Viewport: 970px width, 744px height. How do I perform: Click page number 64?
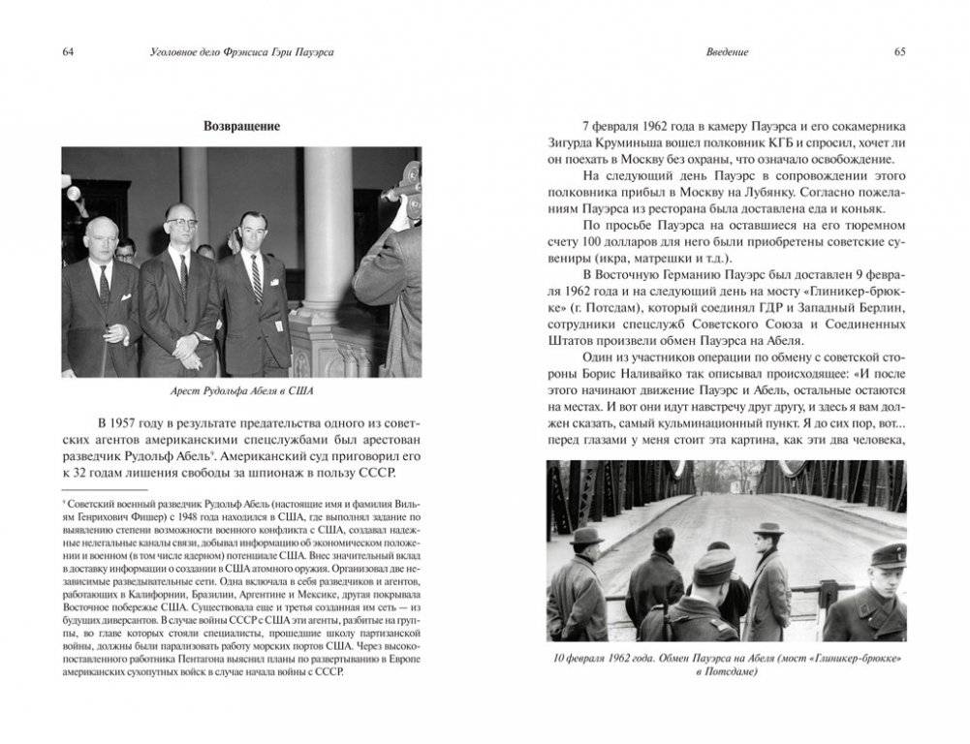pyautogui.click(x=68, y=51)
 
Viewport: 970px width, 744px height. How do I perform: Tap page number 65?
pyautogui.click(x=899, y=51)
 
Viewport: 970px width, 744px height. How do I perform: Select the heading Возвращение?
pyautogui.click(x=241, y=126)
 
